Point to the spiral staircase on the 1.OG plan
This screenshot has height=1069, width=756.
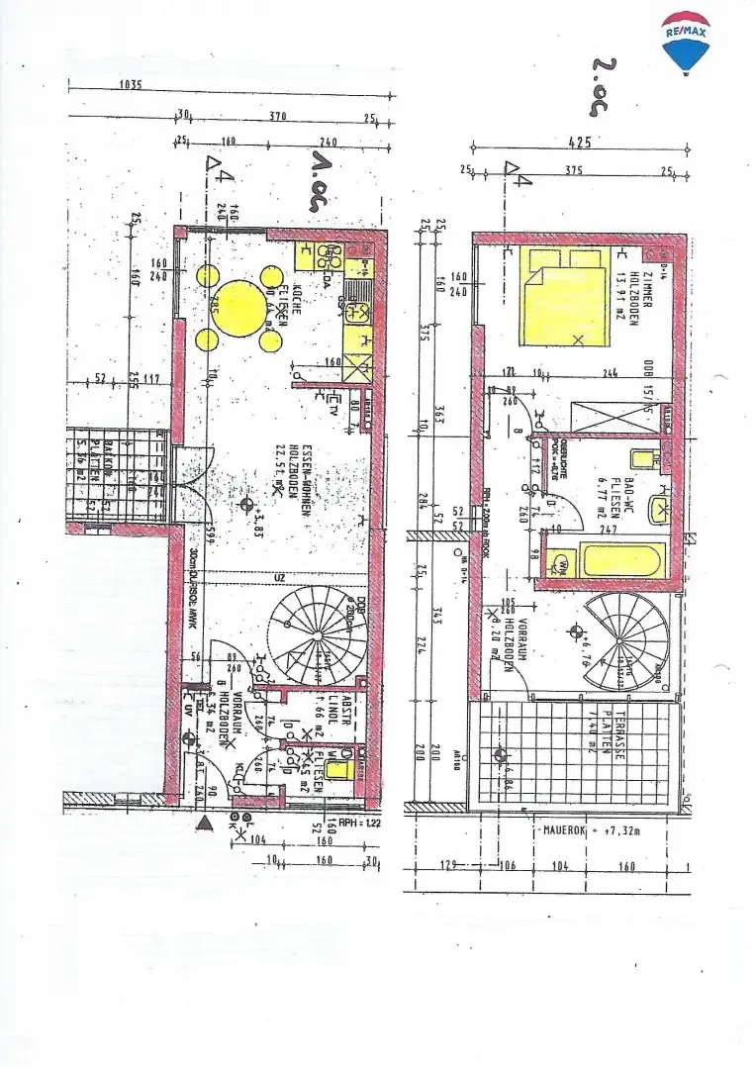point(316,634)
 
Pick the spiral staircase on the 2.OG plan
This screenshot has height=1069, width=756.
point(626,638)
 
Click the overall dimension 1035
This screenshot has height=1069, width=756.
point(130,85)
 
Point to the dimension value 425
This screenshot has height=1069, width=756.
point(580,143)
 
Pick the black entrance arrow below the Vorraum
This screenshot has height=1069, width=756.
point(204,824)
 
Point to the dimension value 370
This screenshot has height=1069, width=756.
point(277,117)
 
